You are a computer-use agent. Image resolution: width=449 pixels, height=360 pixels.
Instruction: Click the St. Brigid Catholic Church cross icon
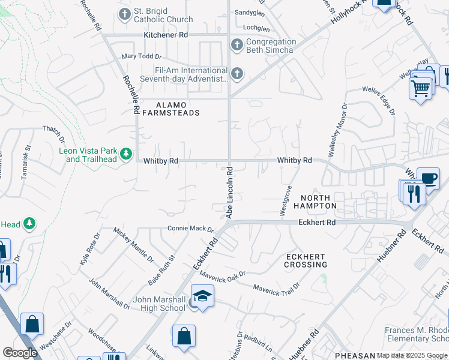pyautogui.click(x=125, y=14)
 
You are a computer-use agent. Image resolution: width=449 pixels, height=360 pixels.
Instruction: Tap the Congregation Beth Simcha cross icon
pyautogui.click(x=237, y=44)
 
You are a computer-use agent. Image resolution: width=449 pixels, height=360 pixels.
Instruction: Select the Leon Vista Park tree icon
pyautogui.click(x=126, y=154)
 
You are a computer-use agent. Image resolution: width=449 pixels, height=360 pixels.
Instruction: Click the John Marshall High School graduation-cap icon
pyautogui.click(x=202, y=296)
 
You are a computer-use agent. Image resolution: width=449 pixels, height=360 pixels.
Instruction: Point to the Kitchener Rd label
pyautogui.click(x=166, y=35)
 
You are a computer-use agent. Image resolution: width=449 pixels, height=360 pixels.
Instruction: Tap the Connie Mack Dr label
pyautogui.click(x=190, y=229)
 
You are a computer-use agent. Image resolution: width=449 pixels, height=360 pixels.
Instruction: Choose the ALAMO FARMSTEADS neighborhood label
pyautogui.click(x=170, y=108)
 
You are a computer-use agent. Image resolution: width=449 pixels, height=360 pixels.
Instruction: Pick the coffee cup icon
pyautogui.click(x=428, y=179)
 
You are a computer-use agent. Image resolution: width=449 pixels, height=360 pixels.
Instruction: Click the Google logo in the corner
pyautogui.click(x=19, y=352)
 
